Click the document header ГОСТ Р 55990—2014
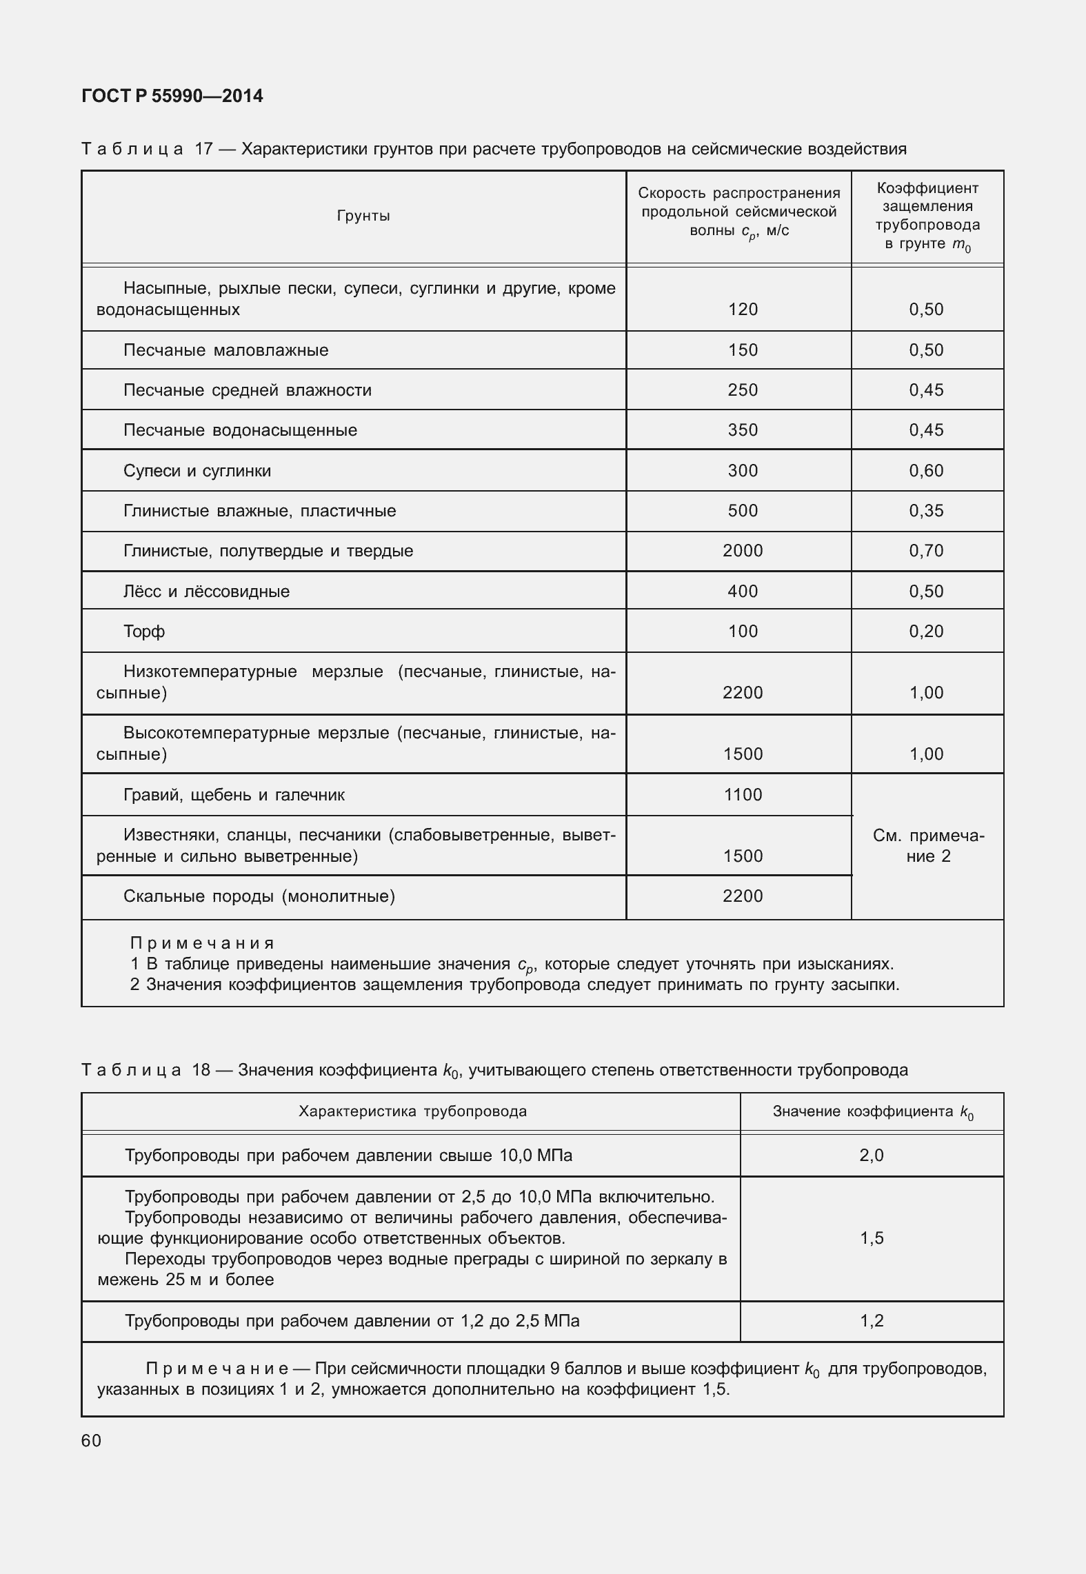[x=172, y=96]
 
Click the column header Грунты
[x=363, y=216]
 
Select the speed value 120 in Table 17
[x=743, y=310]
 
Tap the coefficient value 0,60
[x=926, y=471]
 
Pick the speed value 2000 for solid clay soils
[x=743, y=551]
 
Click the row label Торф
[x=144, y=632]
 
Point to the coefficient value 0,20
[x=926, y=632]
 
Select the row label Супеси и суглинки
[x=197, y=471]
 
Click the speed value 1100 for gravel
[x=743, y=795]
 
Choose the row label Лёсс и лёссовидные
[x=206, y=592]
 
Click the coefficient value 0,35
[x=926, y=511]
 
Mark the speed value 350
[x=743, y=430]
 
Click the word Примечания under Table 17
[x=202, y=943]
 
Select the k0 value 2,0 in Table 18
[x=872, y=1155]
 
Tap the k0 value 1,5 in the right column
[x=872, y=1238]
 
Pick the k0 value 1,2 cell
[x=872, y=1321]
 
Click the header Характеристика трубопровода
[x=412, y=1111]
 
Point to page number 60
[x=91, y=1441]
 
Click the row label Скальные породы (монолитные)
[x=259, y=896]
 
